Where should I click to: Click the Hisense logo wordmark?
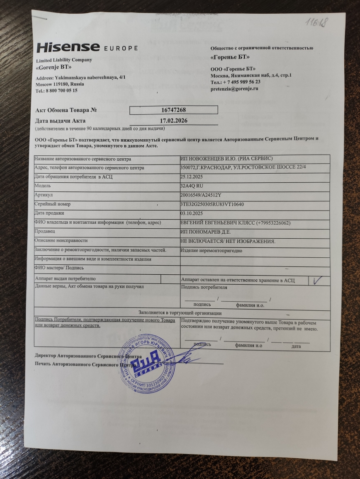(68, 47)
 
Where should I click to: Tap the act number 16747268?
(173, 110)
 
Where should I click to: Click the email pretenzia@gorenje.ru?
(234, 89)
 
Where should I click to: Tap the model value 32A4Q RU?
(192, 186)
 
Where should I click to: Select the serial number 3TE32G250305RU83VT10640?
(212, 205)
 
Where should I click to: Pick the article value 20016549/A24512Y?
(202, 195)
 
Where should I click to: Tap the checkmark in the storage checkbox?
(319, 280)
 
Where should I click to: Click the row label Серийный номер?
(53, 204)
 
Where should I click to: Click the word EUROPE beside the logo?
(121, 48)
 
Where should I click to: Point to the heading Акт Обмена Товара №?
(67, 111)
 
